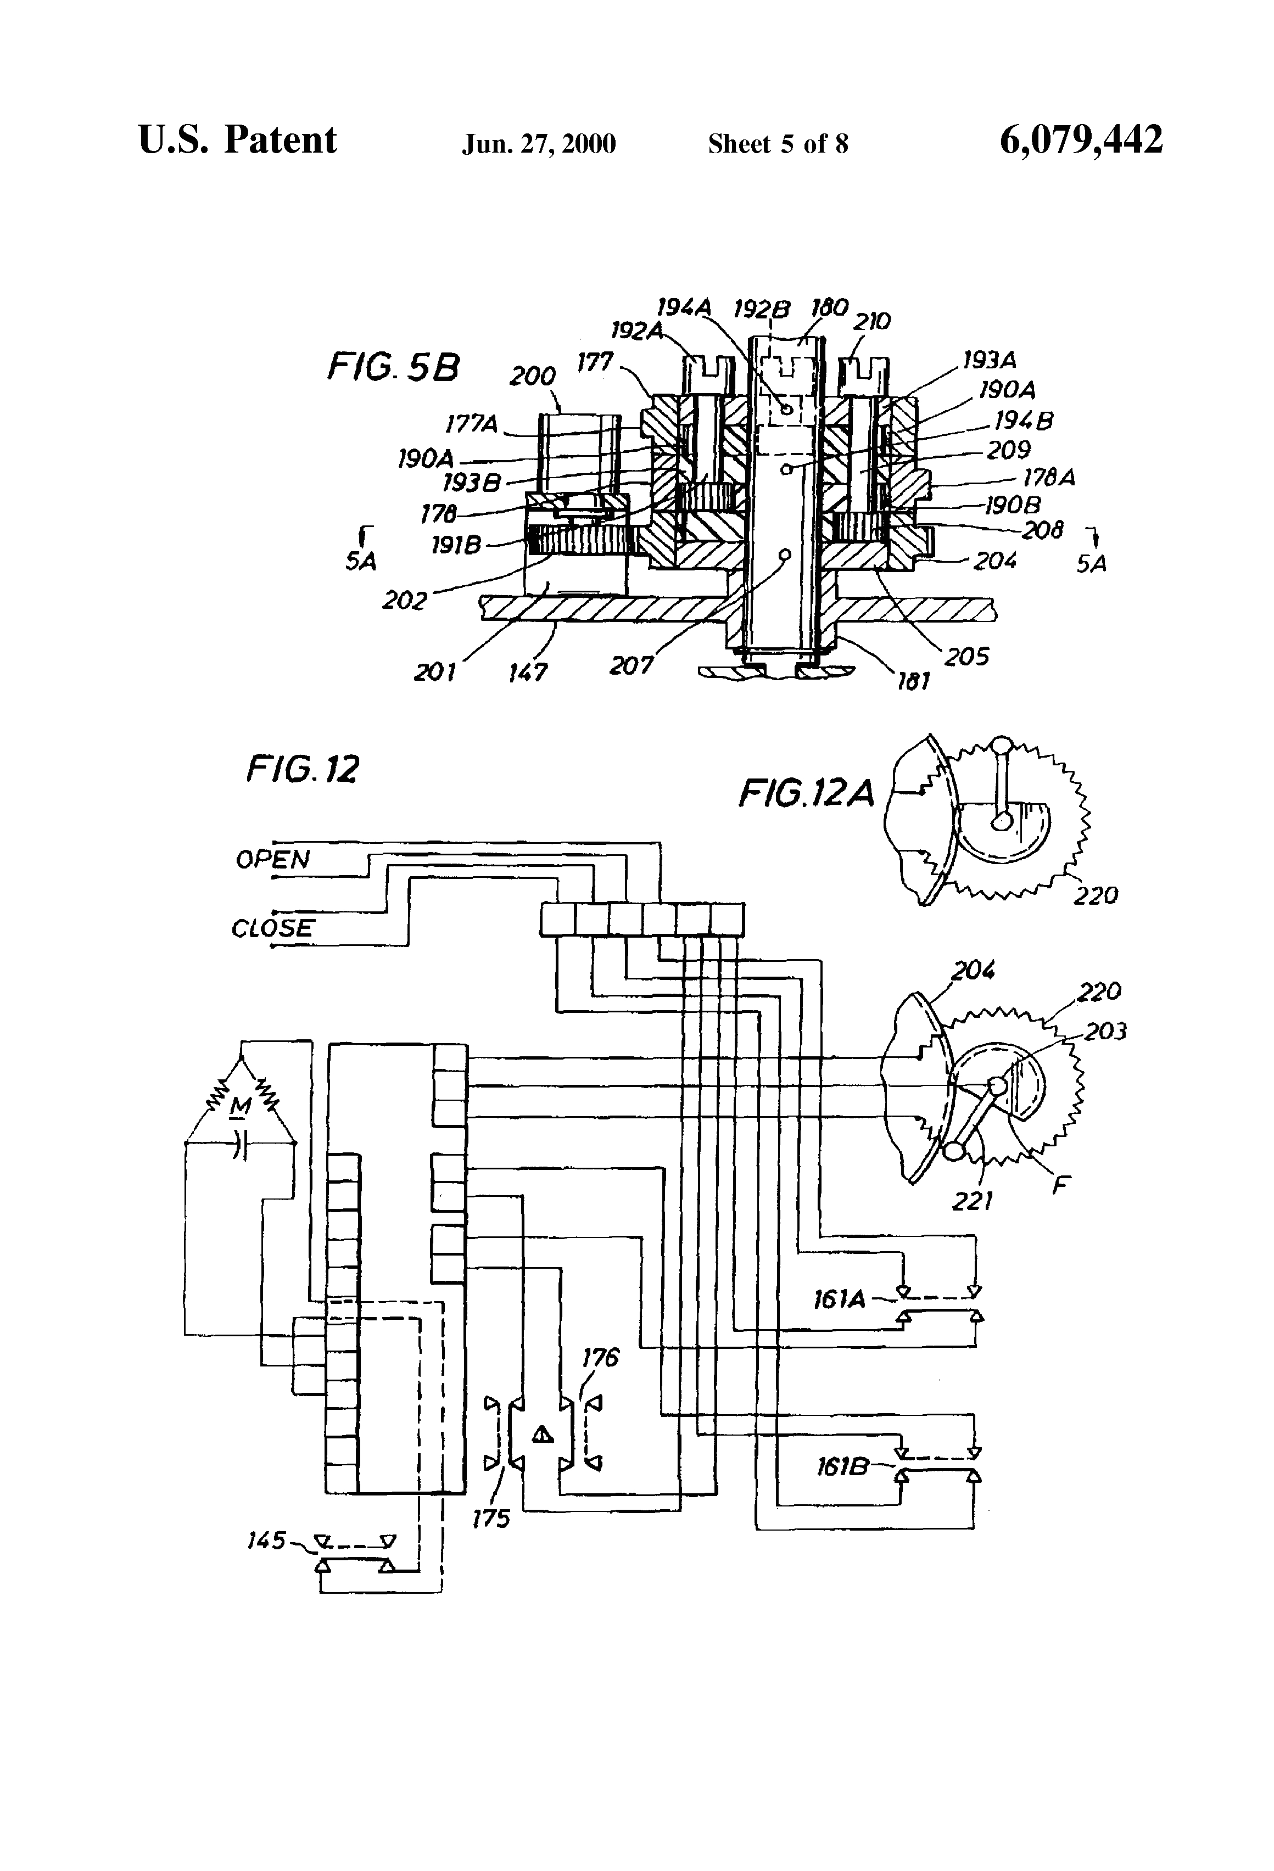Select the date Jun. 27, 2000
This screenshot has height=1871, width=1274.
pyautogui.click(x=539, y=144)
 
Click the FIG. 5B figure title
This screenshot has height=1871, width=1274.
pyautogui.click(x=393, y=368)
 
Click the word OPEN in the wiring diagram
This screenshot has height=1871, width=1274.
pyautogui.click(x=272, y=860)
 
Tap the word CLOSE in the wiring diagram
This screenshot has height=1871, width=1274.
pyautogui.click(x=272, y=928)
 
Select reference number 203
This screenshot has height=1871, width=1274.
pyautogui.click(x=1105, y=1032)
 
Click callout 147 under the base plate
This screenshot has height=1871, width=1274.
pyautogui.click(x=528, y=671)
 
